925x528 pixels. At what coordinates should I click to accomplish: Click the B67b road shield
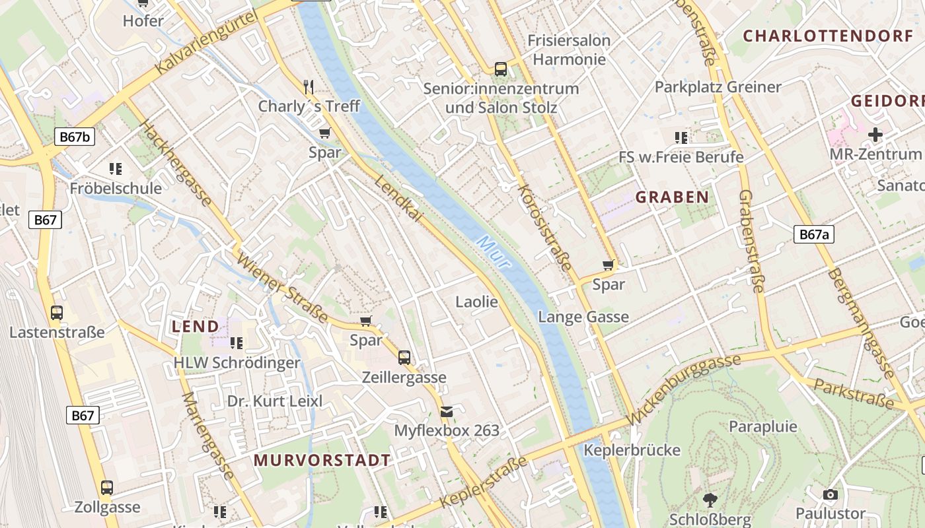pyautogui.click(x=75, y=137)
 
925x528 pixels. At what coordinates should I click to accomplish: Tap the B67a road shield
pyautogui.click(x=814, y=234)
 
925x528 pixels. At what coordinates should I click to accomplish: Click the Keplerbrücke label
pyautogui.click(x=632, y=450)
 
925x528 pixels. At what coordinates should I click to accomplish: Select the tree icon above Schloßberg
pyautogui.click(x=710, y=500)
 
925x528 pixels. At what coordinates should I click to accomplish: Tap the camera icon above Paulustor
pyautogui.click(x=831, y=494)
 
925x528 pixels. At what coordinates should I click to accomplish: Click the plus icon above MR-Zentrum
pyautogui.click(x=875, y=135)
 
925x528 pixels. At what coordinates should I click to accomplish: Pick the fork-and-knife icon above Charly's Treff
pyautogui.click(x=309, y=86)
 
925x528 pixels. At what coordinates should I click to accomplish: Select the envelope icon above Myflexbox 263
pyautogui.click(x=447, y=412)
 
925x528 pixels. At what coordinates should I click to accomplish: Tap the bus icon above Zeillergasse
pyautogui.click(x=404, y=358)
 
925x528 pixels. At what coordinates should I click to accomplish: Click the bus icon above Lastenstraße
pyautogui.click(x=57, y=312)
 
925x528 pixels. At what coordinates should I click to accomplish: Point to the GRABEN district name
pyautogui.click(x=672, y=197)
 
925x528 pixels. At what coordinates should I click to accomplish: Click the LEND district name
pyautogui.click(x=195, y=326)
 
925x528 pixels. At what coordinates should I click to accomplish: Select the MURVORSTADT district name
pyautogui.click(x=322, y=460)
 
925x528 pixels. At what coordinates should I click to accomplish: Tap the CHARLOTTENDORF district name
pyautogui.click(x=828, y=36)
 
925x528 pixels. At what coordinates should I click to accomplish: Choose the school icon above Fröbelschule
pyautogui.click(x=116, y=169)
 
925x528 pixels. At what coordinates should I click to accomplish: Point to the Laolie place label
pyautogui.click(x=476, y=302)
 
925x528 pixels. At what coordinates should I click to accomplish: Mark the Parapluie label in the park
pyautogui.click(x=762, y=426)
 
